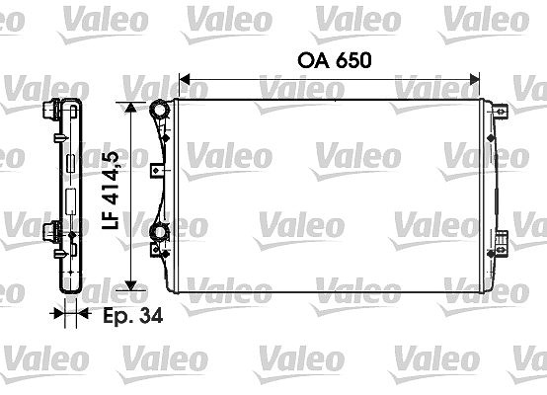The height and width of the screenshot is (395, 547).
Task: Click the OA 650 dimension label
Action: [334, 60]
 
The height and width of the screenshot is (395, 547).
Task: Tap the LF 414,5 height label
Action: [111, 190]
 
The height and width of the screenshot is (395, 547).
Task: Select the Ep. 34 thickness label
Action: [133, 315]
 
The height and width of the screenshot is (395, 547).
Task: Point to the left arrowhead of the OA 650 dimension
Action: [185, 80]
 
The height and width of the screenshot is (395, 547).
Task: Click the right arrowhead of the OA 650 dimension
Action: [475, 80]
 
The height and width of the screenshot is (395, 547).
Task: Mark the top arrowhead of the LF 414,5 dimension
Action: [130, 108]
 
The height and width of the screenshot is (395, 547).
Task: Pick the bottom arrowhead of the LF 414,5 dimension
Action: [130, 285]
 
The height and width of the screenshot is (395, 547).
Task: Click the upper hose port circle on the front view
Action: [159, 110]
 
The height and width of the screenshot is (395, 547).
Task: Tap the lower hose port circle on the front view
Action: [159, 233]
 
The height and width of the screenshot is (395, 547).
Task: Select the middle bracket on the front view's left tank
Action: [157, 170]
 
